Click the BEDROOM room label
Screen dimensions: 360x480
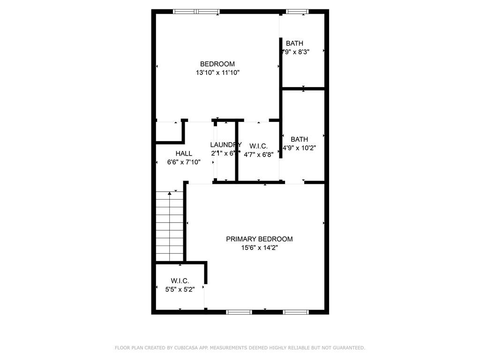(217, 64)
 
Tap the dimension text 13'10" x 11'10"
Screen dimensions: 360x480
(218, 73)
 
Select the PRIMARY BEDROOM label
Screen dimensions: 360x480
(259, 239)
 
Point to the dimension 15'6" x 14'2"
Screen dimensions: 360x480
(260, 247)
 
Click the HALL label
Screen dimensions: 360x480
(184, 154)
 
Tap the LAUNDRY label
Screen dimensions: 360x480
(225, 145)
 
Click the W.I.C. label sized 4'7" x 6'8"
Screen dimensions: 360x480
(258, 146)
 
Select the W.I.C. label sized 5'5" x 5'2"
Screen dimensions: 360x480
(180, 281)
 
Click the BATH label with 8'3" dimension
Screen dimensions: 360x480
(294, 44)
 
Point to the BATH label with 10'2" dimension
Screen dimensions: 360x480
(299, 139)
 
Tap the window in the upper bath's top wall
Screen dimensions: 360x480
(297, 11)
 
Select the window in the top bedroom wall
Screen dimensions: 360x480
(196, 11)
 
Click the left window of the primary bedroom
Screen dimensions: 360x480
(239, 312)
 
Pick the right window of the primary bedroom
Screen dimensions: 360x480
(296, 312)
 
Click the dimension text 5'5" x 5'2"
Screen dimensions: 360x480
(180, 289)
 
